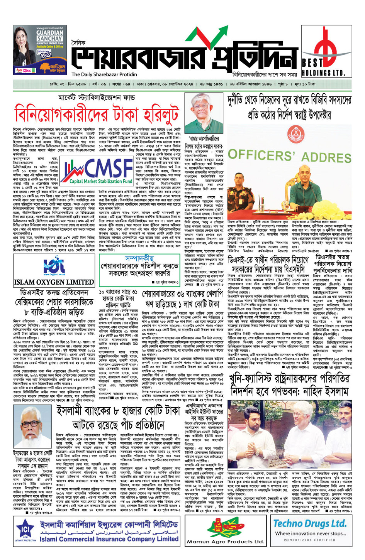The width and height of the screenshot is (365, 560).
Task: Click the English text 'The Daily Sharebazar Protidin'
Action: coord(104,74)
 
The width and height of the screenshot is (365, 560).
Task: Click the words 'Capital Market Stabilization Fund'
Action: coord(101,181)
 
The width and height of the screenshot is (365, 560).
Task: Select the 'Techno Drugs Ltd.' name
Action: coord(310,523)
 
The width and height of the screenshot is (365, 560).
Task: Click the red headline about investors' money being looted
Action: coord(97,114)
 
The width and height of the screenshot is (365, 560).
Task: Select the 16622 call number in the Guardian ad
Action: coord(46,55)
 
